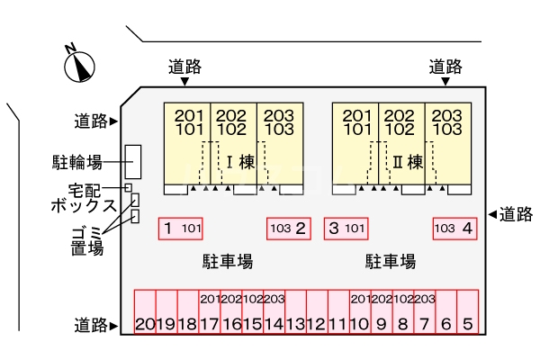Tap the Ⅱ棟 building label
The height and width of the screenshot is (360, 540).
[409, 163]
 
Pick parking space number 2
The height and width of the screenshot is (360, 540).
[289, 229]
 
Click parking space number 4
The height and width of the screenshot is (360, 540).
[454, 229]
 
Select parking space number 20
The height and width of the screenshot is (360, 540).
[145, 311]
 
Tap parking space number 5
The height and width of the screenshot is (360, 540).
[467, 311]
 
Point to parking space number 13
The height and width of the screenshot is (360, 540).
[294, 311]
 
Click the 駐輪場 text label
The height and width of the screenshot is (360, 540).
[76, 163]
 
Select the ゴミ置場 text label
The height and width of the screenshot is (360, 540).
[87, 240]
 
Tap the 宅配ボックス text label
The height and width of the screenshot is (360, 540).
[83, 197]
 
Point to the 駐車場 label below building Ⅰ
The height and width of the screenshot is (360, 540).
[227, 262]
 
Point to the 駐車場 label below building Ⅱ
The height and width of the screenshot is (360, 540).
[391, 262]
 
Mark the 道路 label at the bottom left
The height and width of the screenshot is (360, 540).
[91, 325]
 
